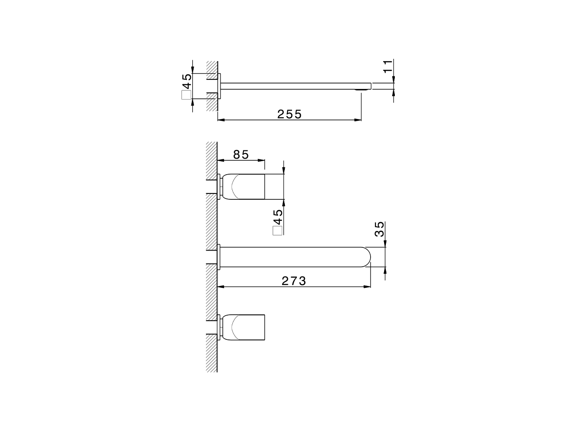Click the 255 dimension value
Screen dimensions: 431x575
(289, 114)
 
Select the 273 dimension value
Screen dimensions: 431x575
(294, 281)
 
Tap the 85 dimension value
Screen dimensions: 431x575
(241, 154)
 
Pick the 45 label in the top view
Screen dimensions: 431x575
(186, 82)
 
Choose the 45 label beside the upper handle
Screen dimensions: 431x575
(278, 218)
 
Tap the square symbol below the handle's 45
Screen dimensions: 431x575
(278, 231)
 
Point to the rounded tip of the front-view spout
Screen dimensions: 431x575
(366, 257)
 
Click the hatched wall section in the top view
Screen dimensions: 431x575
(212, 85)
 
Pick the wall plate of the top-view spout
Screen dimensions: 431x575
(220, 85)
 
